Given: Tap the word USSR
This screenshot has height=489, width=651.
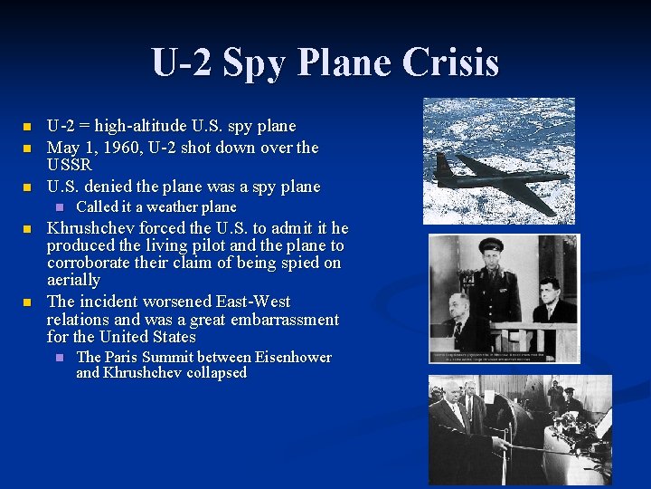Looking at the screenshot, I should click(70, 166).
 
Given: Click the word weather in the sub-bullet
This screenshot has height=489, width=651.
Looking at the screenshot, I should click(175, 207).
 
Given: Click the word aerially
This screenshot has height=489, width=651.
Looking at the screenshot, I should click(73, 281).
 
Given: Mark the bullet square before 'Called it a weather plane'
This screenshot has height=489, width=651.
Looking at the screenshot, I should click(61, 207).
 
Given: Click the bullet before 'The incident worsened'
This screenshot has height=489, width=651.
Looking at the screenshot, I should click(27, 302).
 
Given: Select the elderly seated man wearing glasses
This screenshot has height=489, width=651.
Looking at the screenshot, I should click(460, 312).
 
